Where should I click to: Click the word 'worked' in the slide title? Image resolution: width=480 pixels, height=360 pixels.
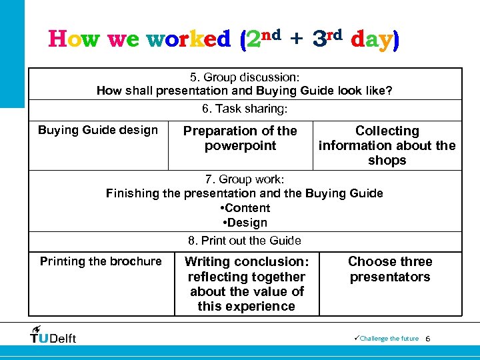tap(189, 40)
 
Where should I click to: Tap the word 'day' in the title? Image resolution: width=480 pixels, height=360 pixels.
tap(374, 40)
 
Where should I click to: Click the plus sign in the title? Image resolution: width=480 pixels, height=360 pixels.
tap(297, 40)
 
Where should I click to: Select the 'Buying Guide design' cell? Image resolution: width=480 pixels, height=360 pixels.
tap(98, 130)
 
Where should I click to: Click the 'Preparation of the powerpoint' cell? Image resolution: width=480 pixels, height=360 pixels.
tap(240, 138)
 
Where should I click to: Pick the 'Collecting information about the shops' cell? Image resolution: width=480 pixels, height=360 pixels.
tap(387, 145)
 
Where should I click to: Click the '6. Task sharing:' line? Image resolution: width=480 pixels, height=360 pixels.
tap(245, 108)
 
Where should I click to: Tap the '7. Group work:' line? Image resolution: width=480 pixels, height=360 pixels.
tap(245, 179)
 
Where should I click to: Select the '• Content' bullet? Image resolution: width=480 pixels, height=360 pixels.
tap(245, 208)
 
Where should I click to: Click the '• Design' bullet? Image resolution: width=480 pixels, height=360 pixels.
tap(245, 223)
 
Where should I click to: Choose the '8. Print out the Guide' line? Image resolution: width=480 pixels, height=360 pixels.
tap(245, 241)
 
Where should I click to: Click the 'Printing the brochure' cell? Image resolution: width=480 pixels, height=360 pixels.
tap(101, 261)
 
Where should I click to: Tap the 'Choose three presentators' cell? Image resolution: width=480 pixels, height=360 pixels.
tap(390, 269)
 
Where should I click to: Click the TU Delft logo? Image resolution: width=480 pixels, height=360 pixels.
tap(53, 335)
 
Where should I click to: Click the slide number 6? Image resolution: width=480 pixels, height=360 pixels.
tap(428, 339)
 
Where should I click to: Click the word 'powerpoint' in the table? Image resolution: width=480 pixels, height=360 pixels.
tap(240, 146)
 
